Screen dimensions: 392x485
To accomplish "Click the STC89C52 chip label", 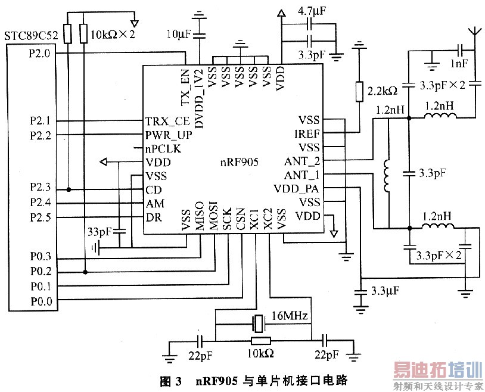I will click(31, 36).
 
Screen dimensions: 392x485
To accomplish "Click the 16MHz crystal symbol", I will click(258, 324).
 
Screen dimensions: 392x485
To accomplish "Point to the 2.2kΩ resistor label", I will click(382, 92).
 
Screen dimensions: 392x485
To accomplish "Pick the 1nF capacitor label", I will click(459, 64).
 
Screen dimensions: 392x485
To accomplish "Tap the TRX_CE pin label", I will click(163, 120).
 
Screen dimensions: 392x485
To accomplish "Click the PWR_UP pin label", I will click(164, 134).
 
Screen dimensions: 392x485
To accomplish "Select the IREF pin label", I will click(307, 133).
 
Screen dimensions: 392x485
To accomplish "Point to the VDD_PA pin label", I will click(299, 188).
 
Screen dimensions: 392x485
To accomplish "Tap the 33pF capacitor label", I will click(100, 231).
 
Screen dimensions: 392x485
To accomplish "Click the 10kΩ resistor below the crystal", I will click(260, 341).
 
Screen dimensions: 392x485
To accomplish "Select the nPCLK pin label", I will click(163, 148).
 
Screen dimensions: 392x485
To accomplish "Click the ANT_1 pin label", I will click(301, 175).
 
